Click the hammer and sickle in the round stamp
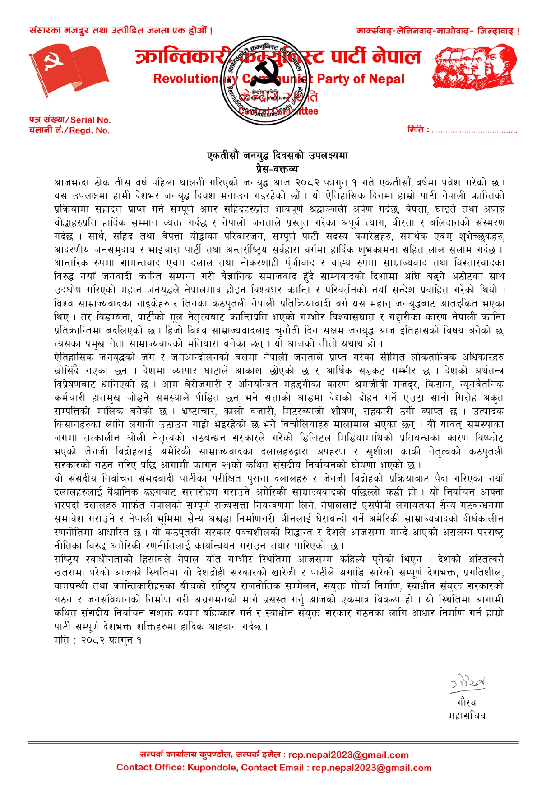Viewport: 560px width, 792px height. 267,75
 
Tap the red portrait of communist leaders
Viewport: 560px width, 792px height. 475,67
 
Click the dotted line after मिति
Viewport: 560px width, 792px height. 474,131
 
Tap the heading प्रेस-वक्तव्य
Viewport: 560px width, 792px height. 277,169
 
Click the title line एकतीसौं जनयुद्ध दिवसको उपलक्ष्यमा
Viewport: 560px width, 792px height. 278,156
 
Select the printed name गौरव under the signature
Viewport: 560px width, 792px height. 467,703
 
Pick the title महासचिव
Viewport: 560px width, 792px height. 467,716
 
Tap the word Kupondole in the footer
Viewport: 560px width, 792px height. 216,768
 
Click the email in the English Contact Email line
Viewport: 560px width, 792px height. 371,768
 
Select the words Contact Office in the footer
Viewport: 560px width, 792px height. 148,768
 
